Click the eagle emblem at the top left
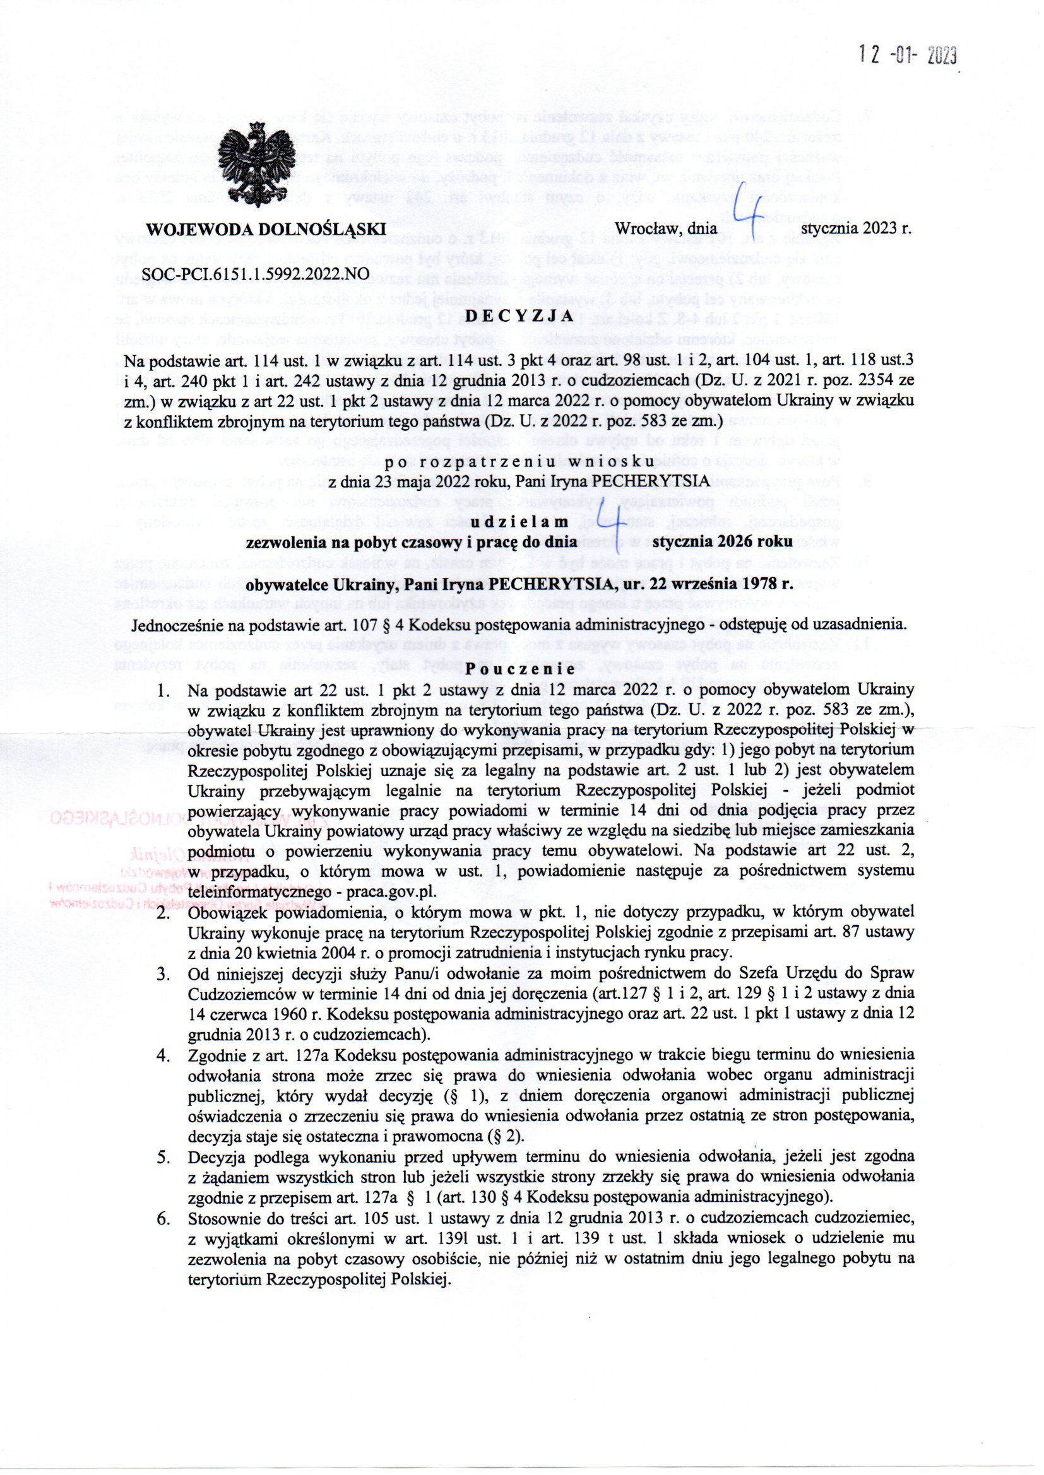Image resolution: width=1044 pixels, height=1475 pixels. click(x=256, y=165)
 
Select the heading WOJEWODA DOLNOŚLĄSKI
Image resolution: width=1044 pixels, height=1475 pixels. click(x=266, y=230)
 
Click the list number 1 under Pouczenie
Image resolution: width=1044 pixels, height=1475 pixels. click(x=164, y=691)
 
